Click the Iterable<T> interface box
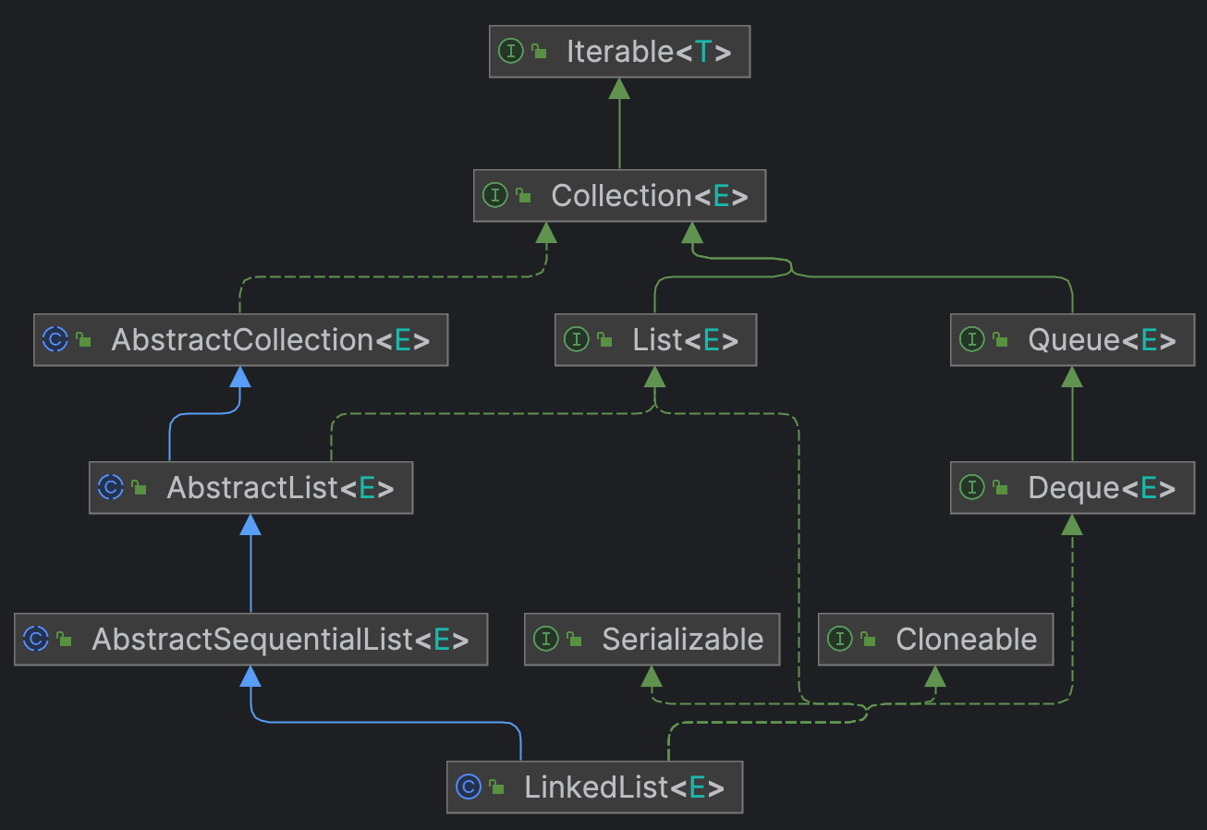point(619,52)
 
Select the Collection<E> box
point(619,196)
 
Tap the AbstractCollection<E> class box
point(240,340)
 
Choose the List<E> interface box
point(655,340)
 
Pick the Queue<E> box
point(1072,340)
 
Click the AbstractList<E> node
point(250,488)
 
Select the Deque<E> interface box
point(1072,488)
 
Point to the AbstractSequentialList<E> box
point(250,639)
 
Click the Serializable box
point(652,639)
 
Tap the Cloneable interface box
point(935,639)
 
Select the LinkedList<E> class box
point(594,787)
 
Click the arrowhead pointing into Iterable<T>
point(619,89)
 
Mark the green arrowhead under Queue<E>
point(1072,377)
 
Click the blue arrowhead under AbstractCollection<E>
point(240,377)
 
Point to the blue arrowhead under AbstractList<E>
point(250,525)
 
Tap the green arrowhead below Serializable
point(652,677)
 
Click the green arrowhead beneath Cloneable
point(935,677)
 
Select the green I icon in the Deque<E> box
point(971,488)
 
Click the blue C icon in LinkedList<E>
point(468,787)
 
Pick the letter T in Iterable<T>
point(703,52)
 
